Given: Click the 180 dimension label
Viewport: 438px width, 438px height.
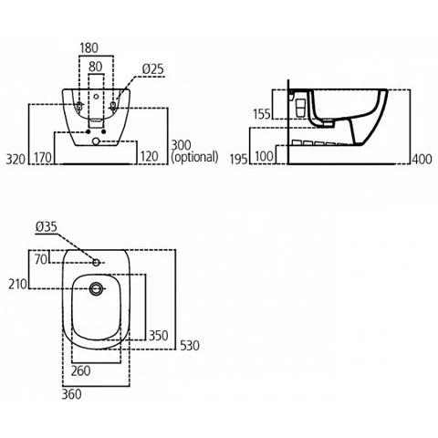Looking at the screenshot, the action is [x=89, y=48].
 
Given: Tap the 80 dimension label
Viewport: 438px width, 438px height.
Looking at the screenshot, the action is [x=96, y=67].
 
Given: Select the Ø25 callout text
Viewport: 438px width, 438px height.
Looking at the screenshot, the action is [x=153, y=69].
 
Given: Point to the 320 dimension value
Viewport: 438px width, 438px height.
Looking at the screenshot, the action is [x=16, y=159].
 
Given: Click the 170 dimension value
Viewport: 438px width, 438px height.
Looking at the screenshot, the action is [x=43, y=158].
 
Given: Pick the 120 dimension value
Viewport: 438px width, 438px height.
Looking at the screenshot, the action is [x=149, y=157].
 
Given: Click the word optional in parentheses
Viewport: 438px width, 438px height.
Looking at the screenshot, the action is [x=194, y=157].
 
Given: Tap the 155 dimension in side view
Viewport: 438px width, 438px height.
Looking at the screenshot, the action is [x=261, y=114].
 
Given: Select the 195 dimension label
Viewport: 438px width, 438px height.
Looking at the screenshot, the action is [x=239, y=159].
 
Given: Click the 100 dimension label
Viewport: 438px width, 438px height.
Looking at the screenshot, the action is [x=264, y=156].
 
